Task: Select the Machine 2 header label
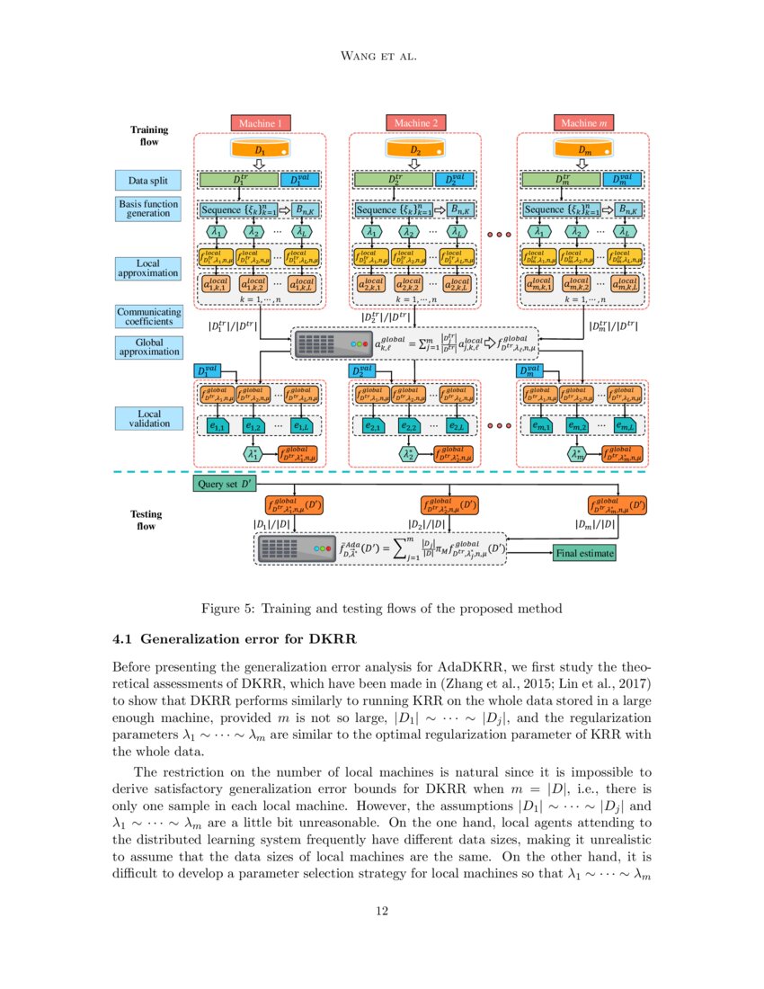coord(414,122)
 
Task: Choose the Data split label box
coord(148,180)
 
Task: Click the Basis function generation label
coord(148,209)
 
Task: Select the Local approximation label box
coord(148,268)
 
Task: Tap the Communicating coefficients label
coord(148,316)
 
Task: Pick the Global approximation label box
coord(148,347)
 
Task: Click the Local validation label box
coord(148,417)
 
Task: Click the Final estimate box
coord(584,553)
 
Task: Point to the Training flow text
coord(148,136)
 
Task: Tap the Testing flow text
coord(147,520)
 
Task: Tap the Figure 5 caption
coord(382,609)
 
